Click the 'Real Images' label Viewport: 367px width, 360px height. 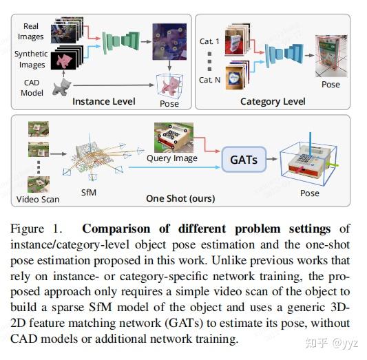(x=31, y=31)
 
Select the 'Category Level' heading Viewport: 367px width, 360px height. (x=273, y=102)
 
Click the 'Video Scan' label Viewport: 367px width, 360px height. (x=37, y=200)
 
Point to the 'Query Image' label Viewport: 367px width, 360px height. (x=171, y=158)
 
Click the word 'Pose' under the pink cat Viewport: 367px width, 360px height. (x=169, y=103)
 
